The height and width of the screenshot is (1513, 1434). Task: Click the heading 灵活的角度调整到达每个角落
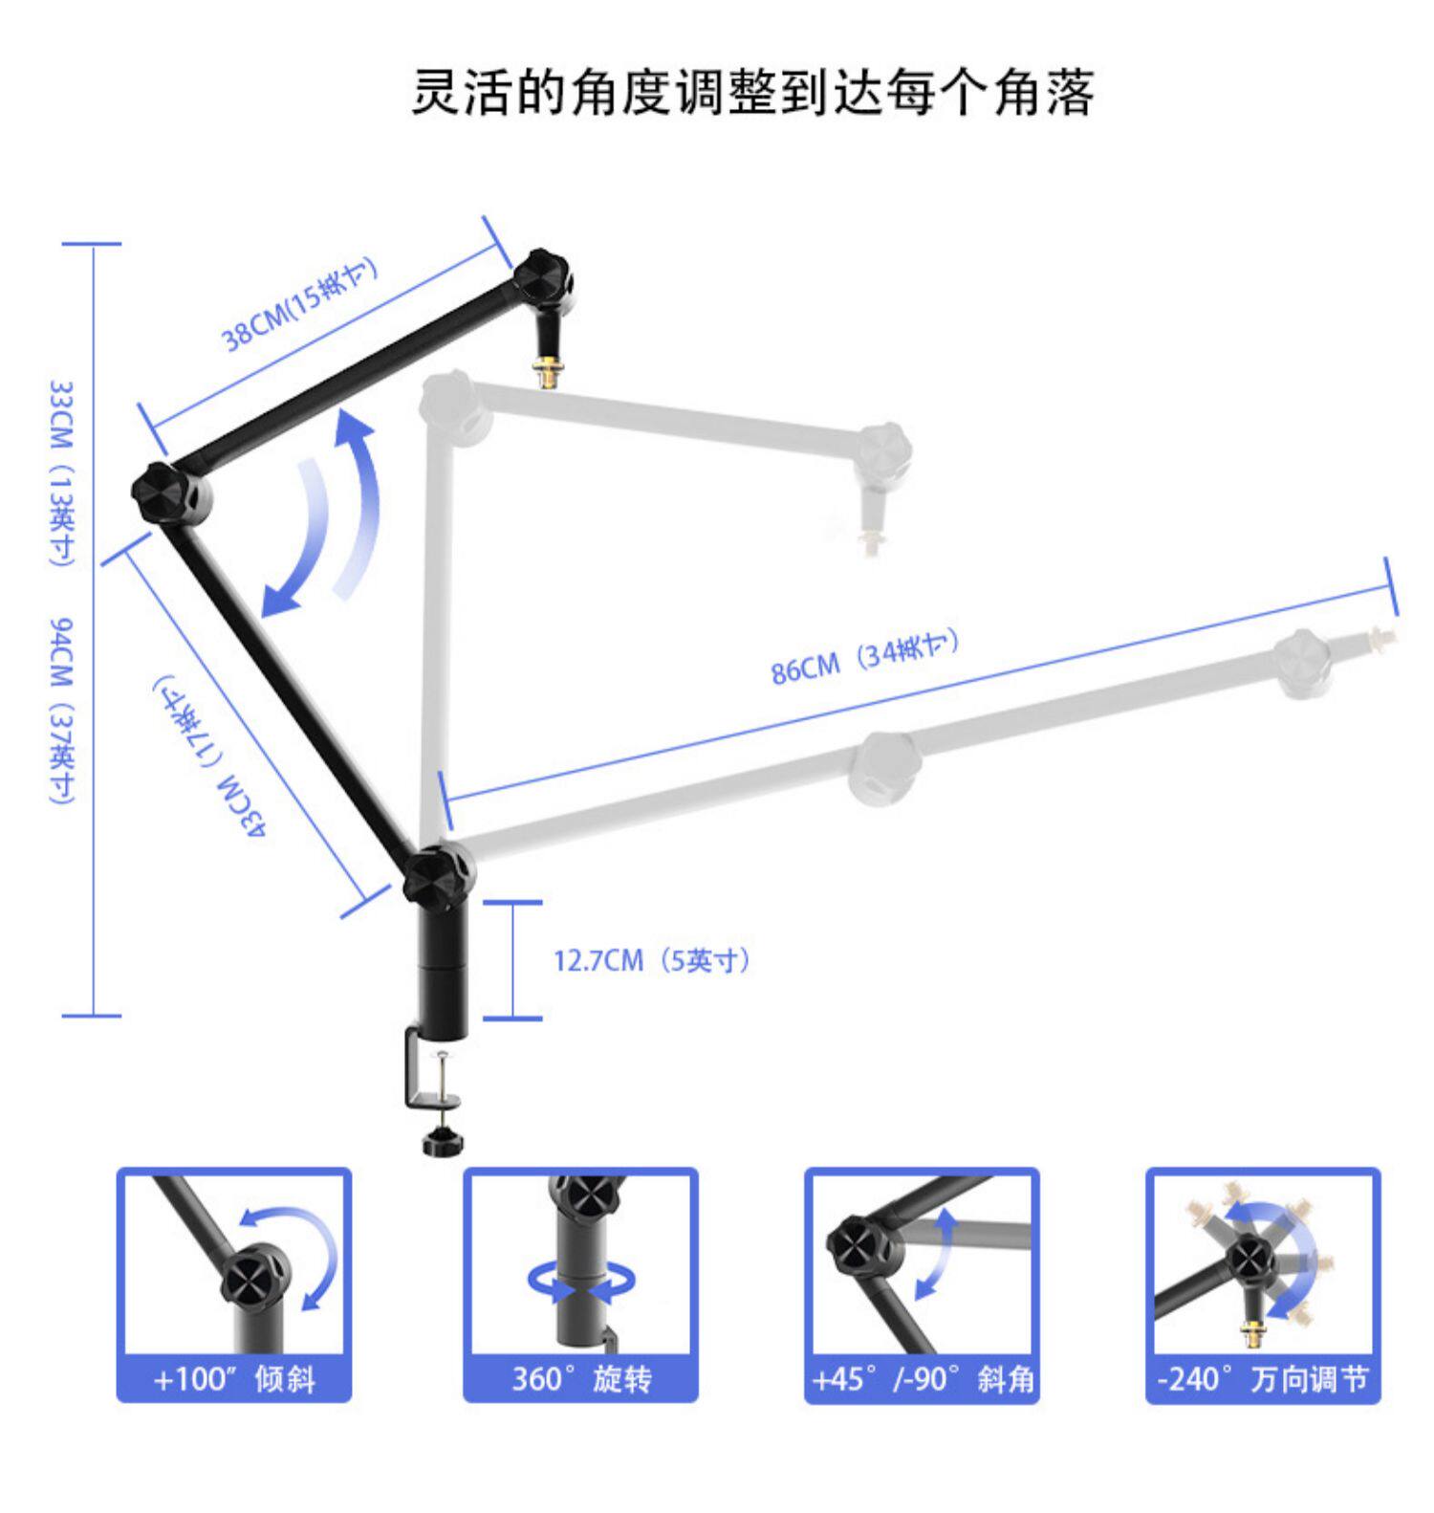[x=752, y=93]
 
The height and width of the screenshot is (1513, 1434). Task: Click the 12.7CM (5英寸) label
[x=652, y=960]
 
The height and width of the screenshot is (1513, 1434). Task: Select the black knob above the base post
[x=437, y=875]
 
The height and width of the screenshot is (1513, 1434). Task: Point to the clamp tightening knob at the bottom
[x=441, y=1142]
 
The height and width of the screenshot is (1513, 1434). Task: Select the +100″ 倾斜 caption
[x=234, y=1379]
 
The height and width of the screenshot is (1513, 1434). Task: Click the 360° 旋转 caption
[x=581, y=1379]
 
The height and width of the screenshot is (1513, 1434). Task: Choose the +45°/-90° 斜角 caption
[x=923, y=1379]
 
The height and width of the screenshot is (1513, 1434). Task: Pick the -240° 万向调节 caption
[x=1263, y=1379]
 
